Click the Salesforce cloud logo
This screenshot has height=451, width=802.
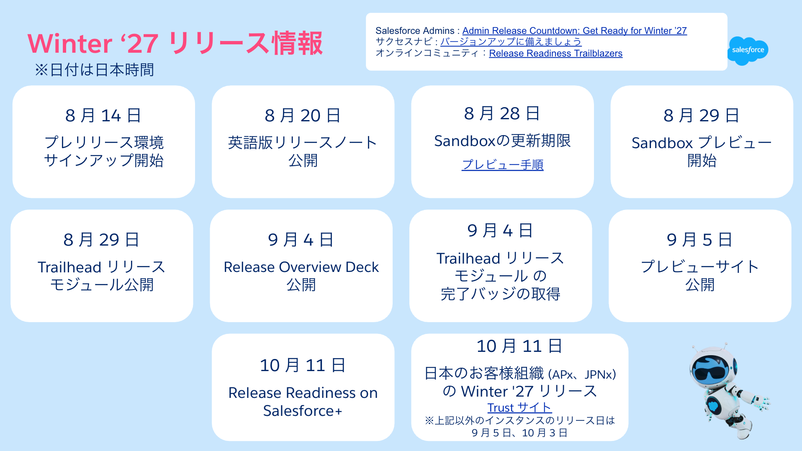pos(748,51)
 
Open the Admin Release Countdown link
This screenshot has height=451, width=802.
pos(574,31)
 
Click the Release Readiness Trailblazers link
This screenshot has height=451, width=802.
pos(555,53)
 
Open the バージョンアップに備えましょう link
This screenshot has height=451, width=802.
pos(511,42)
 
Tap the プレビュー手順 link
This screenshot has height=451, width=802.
pos(502,165)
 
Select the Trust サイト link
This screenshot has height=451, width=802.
pos(519,407)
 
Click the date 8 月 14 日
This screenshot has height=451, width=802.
pos(103,115)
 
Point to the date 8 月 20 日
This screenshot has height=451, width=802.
pos(303,115)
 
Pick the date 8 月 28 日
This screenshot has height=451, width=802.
pos(502,113)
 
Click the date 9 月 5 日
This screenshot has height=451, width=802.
pos(699,240)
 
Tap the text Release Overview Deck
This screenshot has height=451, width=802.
pos(301,267)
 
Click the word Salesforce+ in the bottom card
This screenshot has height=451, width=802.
pos(303,411)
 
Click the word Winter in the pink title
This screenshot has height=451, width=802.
pos(70,44)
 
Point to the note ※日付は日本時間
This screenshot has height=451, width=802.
pos(95,70)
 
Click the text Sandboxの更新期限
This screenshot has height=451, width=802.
pos(502,141)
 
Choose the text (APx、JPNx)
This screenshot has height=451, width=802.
pos(582,374)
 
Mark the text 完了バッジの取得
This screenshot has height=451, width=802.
pos(500,294)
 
